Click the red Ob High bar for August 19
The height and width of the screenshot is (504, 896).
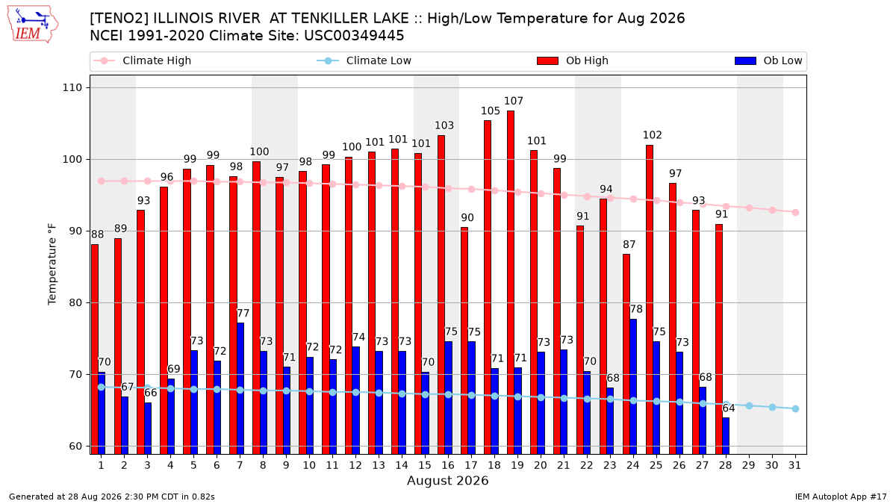point(511,282)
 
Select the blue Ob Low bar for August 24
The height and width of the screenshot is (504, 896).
point(633,387)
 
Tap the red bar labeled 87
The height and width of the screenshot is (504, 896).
point(626,354)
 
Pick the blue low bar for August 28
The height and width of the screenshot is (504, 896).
point(726,436)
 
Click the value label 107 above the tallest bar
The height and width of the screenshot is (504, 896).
point(514,101)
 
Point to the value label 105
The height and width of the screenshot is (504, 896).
point(491,111)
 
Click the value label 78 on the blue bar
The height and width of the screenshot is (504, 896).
point(636,309)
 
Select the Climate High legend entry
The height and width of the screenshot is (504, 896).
point(142,60)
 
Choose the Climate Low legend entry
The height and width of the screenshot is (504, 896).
point(364,60)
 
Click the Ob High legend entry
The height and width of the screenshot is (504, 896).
point(573,60)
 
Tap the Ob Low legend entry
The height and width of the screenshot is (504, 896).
point(768,60)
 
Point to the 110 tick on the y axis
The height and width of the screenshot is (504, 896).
point(72,87)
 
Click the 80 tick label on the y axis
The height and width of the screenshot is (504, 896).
point(75,303)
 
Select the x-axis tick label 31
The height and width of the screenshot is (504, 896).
point(794,465)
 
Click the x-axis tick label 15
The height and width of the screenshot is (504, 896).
point(425,465)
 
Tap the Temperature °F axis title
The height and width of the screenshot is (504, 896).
point(52,264)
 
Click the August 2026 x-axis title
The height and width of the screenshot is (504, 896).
point(447,480)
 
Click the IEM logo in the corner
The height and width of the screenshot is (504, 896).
point(33,25)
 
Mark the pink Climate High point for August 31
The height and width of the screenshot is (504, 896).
point(796,212)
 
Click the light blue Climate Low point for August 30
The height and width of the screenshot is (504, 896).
point(772,407)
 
